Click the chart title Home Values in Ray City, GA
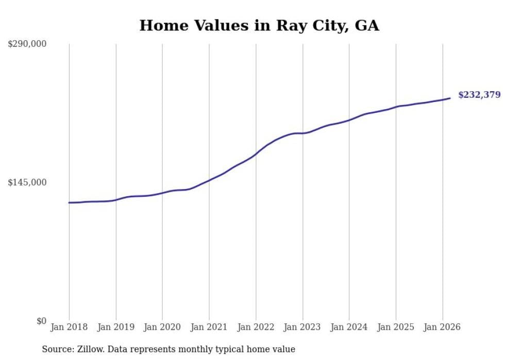[x=259, y=25]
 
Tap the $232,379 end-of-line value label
[x=479, y=94]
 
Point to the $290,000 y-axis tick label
[x=27, y=44]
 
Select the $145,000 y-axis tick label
[x=27, y=182]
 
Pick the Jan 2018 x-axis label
[x=69, y=327]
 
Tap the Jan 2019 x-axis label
[x=116, y=327]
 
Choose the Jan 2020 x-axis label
[x=162, y=327]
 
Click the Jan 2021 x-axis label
[x=209, y=327]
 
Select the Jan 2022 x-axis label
[x=256, y=327]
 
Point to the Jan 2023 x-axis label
[x=302, y=327]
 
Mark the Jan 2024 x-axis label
[x=349, y=327]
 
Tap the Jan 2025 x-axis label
[x=396, y=327]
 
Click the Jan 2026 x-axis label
[x=442, y=327]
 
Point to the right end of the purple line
[x=450, y=98]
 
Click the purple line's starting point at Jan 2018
[x=70, y=202]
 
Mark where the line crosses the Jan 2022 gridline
[x=256, y=153]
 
